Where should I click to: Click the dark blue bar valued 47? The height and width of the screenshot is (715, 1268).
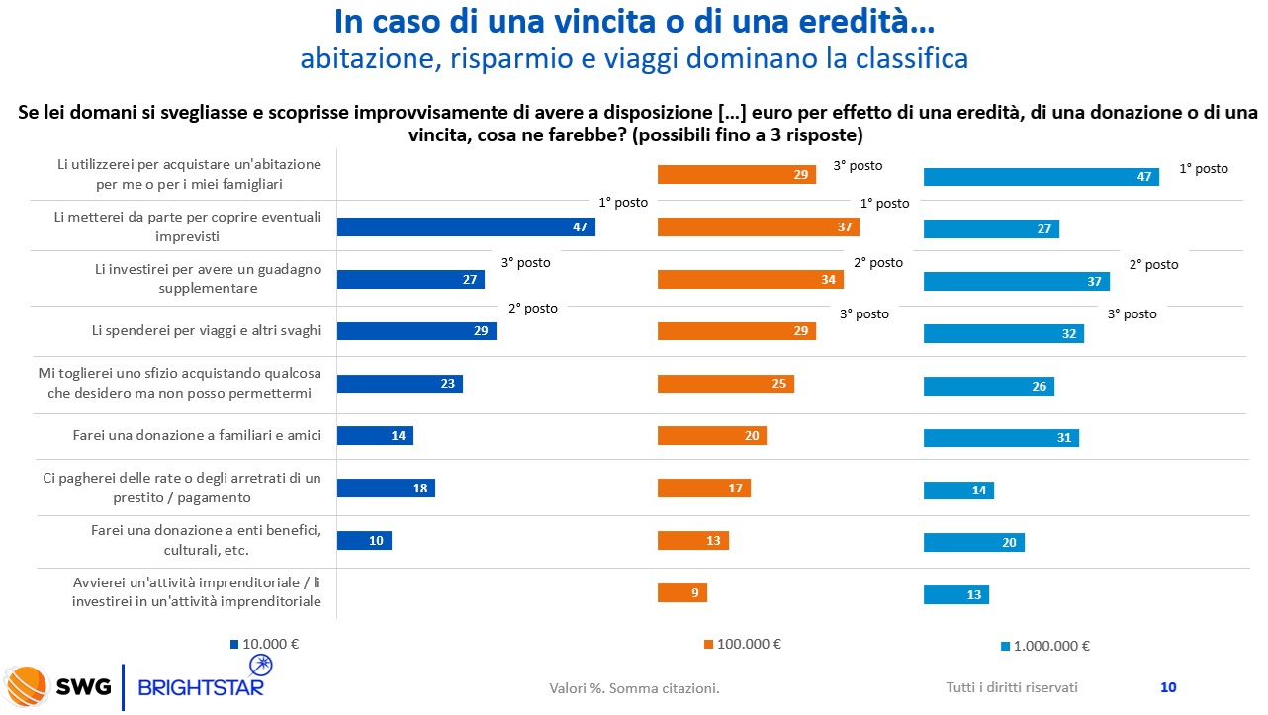466,227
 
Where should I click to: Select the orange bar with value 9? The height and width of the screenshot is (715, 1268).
682,593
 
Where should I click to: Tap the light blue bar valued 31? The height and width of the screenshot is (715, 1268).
1001,437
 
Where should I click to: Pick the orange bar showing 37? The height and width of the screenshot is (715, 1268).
759,227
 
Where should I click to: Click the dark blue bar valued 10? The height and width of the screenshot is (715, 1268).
364,541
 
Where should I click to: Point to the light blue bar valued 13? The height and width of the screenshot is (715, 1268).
956,594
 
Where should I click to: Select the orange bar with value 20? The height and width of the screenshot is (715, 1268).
712,436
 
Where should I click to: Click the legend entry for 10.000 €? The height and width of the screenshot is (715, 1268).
264,643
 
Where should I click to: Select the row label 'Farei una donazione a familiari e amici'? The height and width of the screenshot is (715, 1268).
197,435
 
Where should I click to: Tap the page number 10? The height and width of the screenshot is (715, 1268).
1167,687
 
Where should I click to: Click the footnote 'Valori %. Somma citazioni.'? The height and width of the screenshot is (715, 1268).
634,688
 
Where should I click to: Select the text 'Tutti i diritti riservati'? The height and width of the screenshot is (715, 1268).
1012,687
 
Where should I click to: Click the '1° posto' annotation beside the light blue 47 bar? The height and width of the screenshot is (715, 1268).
1204,169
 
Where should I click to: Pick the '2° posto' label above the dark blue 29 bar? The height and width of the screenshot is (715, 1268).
533,309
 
